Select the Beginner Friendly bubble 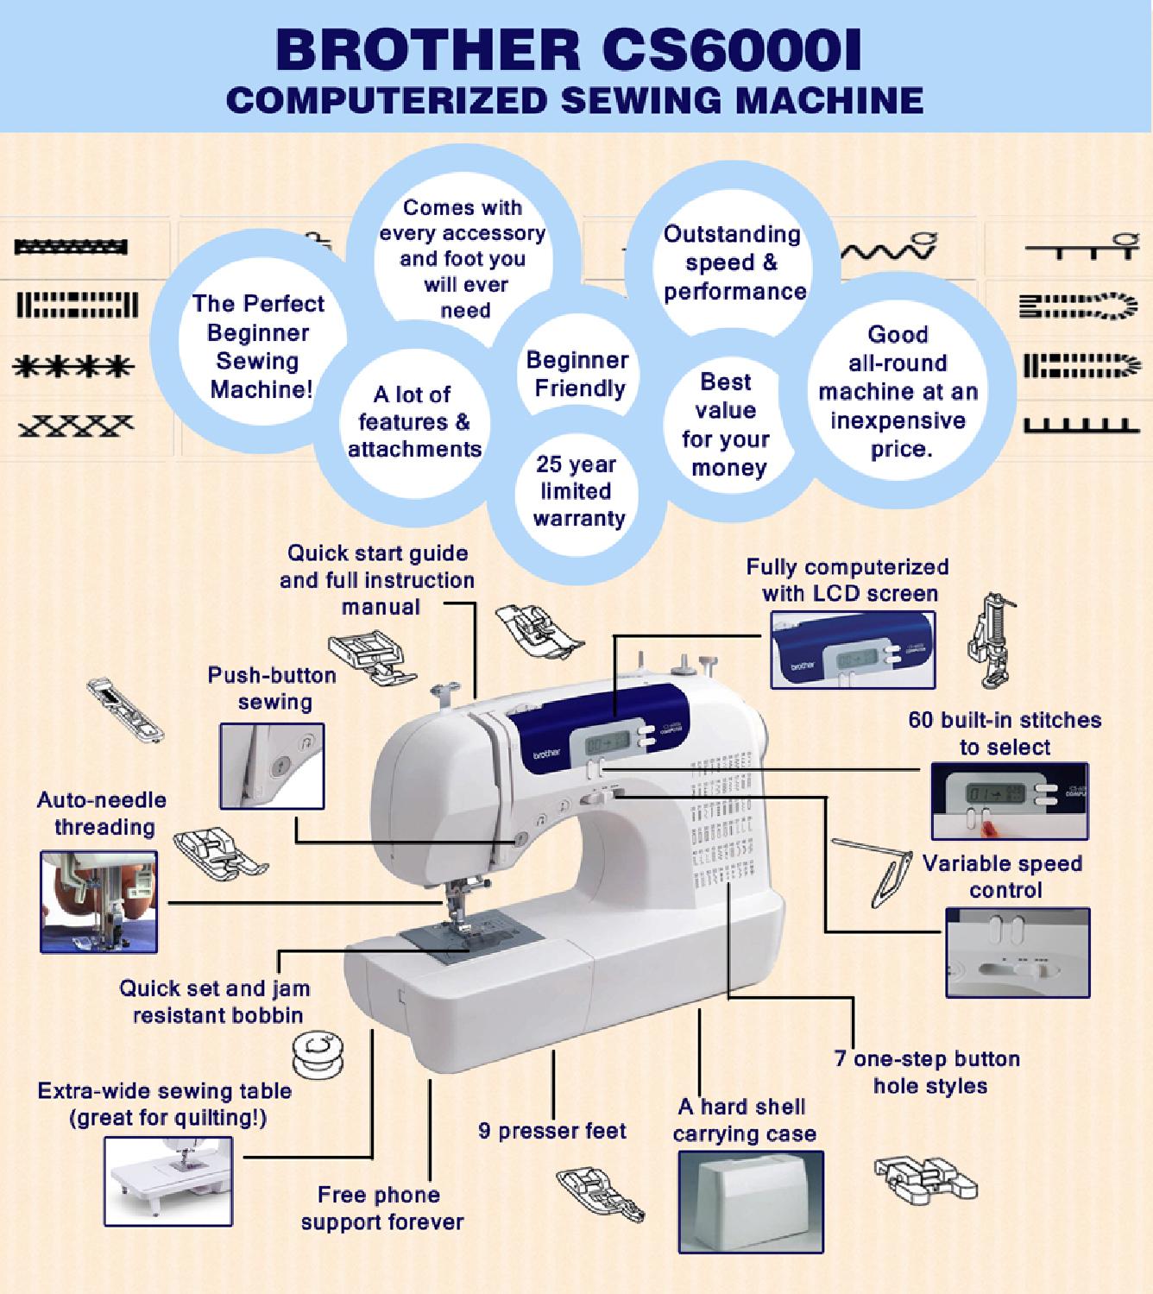tap(577, 374)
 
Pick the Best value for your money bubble tap(725, 425)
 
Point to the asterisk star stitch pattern tap(74, 366)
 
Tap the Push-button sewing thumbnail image tap(272, 766)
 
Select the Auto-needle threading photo tap(99, 901)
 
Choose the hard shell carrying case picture tap(750, 1201)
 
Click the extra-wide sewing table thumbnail tap(168, 1180)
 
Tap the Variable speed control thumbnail tap(1017, 952)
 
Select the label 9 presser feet tap(552, 1131)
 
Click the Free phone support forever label tap(381, 1209)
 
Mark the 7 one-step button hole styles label tap(928, 1072)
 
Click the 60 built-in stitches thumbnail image tap(1009, 801)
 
